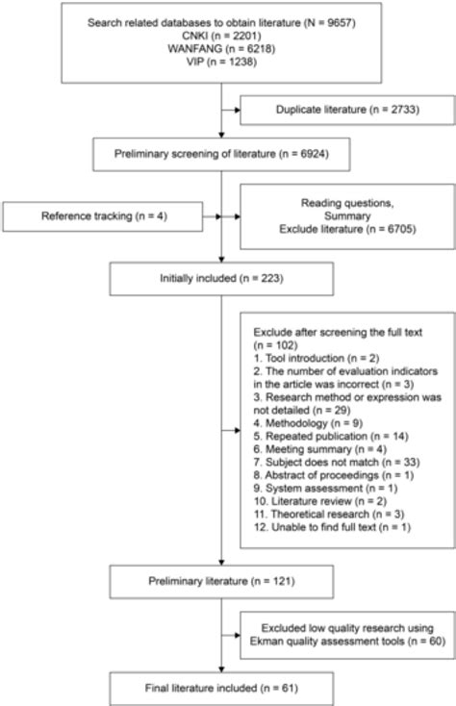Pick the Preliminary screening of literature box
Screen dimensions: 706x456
click(222, 153)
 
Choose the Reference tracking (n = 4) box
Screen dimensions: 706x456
click(105, 216)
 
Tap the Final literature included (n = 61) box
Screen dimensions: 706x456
click(222, 689)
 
